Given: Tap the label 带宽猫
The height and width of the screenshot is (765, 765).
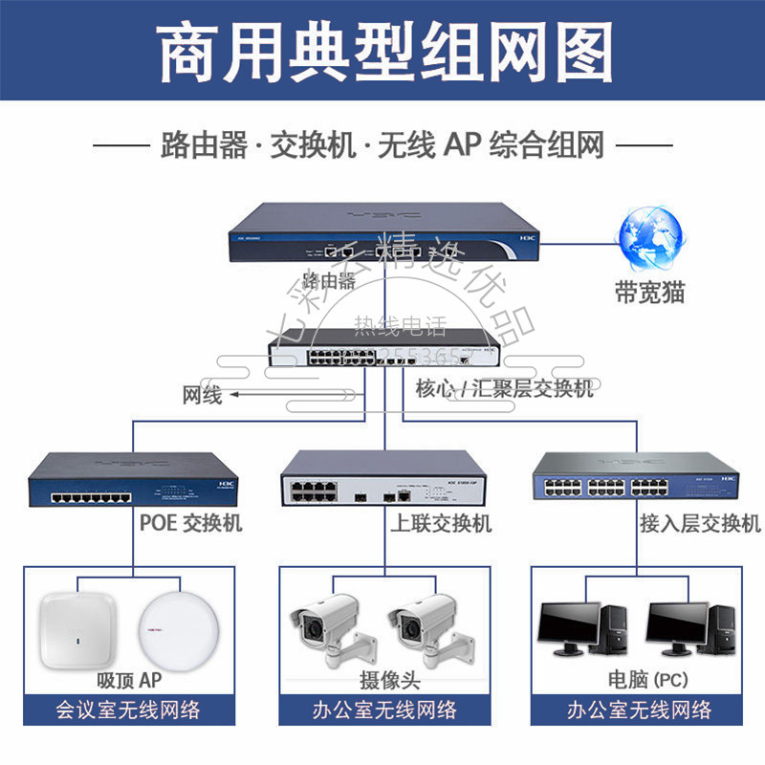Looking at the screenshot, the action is click(x=650, y=292).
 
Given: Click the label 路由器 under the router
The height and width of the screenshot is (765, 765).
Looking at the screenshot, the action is click(x=328, y=280).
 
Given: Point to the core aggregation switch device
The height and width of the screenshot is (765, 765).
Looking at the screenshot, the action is click(x=382, y=352).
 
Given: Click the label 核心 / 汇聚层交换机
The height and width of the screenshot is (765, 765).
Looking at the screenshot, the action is click(x=504, y=389).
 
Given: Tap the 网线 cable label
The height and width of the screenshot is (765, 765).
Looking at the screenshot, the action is click(x=202, y=394).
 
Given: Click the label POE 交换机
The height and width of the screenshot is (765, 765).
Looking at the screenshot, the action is click(x=191, y=522).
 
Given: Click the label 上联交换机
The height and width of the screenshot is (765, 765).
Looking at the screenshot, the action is click(x=441, y=522).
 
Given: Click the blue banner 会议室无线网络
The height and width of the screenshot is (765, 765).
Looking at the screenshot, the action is click(x=128, y=710).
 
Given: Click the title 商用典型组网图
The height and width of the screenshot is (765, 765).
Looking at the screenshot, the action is click(x=382, y=48).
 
